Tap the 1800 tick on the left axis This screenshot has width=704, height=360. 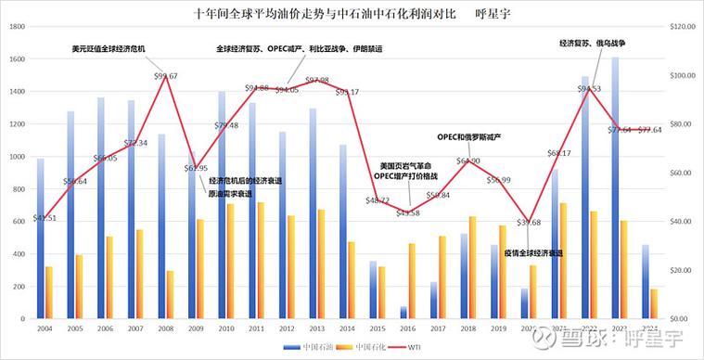pyautogui.click(x=16, y=28)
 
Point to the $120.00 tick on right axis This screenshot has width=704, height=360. pyautogui.click(x=683, y=28)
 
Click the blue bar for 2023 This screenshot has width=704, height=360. pyautogui.click(x=615, y=186)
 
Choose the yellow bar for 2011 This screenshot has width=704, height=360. pyautogui.click(x=261, y=260)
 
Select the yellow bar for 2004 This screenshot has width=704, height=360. pyautogui.click(x=48, y=292)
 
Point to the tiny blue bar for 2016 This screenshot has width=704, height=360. pyautogui.click(x=403, y=313)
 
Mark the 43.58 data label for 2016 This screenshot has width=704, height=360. pyautogui.click(x=408, y=212)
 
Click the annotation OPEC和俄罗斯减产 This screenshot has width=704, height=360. pyautogui.click(x=468, y=137)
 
